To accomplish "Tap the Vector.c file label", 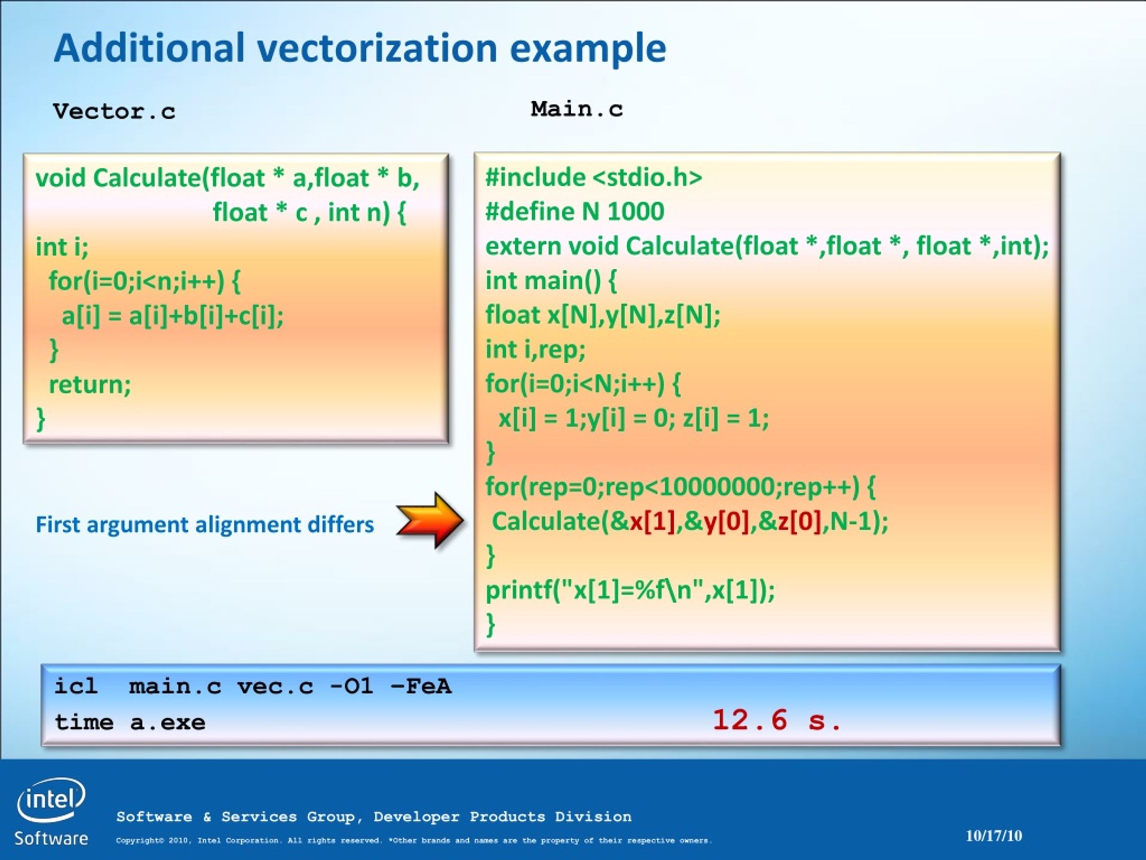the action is click(114, 111).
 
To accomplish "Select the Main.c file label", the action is click(577, 109).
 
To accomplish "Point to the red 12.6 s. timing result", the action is click(777, 720).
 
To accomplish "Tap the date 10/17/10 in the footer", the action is click(994, 836).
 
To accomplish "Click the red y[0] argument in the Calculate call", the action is click(727, 521).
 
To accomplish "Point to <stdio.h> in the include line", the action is click(647, 177).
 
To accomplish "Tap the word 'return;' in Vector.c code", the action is click(90, 385).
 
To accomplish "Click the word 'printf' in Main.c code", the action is click(518, 590).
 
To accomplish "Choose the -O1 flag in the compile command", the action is click(351, 686).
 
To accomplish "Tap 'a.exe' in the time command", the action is click(167, 722).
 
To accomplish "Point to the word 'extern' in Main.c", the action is click(522, 246).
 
